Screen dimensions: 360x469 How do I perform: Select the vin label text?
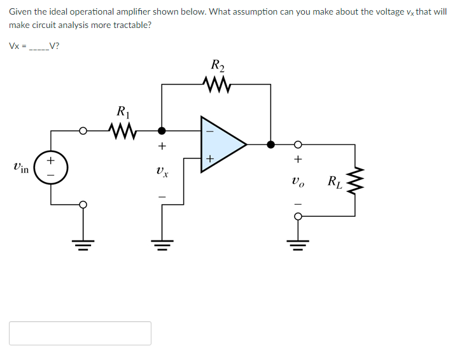point(20,169)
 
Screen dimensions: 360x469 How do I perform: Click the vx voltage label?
point(162,171)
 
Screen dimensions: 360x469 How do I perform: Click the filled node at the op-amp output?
point(270,144)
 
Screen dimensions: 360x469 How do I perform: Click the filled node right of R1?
point(162,131)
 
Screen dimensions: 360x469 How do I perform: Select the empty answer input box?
point(80,333)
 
